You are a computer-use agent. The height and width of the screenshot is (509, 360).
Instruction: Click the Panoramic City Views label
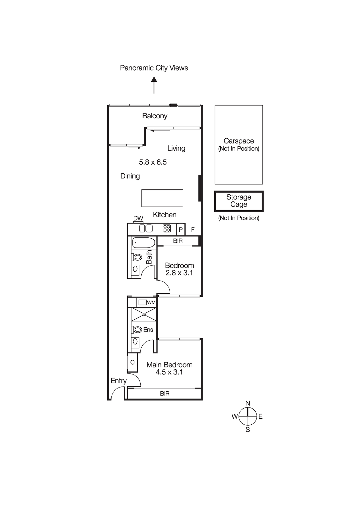[x=154, y=68]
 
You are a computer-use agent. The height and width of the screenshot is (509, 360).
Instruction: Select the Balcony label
[x=155, y=116]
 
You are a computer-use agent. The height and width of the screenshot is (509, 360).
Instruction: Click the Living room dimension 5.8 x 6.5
[x=153, y=162]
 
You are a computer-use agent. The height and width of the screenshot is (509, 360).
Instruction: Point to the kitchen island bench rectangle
[x=162, y=198]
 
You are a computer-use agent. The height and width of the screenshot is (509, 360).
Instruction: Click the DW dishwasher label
[x=138, y=218]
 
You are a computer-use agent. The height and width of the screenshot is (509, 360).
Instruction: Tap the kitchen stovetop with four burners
[x=167, y=228]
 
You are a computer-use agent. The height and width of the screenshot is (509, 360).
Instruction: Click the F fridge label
[x=193, y=230]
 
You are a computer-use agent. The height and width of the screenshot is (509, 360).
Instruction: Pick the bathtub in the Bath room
[x=144, y=242]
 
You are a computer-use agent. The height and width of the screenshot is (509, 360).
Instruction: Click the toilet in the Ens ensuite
[x=138, y=330]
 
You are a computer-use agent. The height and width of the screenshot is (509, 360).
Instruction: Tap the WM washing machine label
[x=151, y=303]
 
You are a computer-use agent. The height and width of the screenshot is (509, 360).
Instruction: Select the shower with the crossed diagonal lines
[x=144, y=314]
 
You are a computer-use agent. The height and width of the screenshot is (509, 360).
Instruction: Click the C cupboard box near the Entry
[x=132, y=362]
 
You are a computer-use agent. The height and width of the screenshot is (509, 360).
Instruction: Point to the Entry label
[x=118, y=381]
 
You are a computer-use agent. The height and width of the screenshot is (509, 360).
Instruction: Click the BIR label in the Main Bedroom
[x=165, y=394]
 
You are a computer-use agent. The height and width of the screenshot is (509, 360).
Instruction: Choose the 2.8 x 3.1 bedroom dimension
[x=179, y=273]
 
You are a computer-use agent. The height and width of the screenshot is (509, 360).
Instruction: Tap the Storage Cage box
[x=239, y=201]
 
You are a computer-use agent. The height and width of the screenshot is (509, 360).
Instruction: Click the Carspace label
[x=239, y=141]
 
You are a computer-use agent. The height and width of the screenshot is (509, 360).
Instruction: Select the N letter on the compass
[x=248, y=403]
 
